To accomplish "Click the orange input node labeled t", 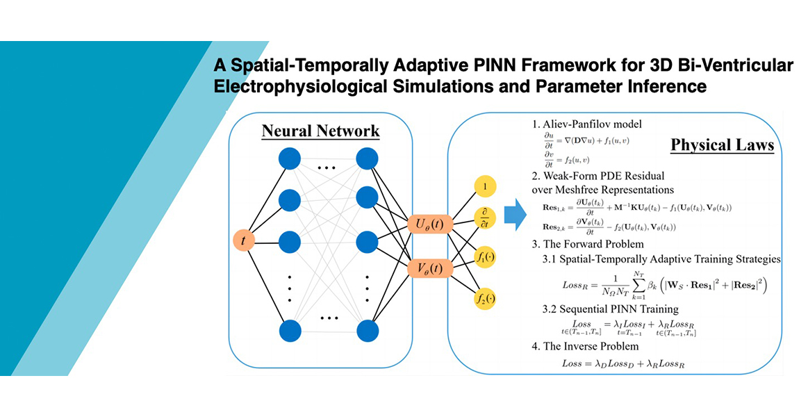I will click(244, 240).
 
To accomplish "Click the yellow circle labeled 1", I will click(485, 186).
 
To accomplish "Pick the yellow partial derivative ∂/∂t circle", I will click(485, 217).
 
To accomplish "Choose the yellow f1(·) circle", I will click(485, 259).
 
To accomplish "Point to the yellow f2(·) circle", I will click(485, 300).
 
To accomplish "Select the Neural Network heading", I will click(320, 131).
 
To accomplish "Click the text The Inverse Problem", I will click(591, 345).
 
